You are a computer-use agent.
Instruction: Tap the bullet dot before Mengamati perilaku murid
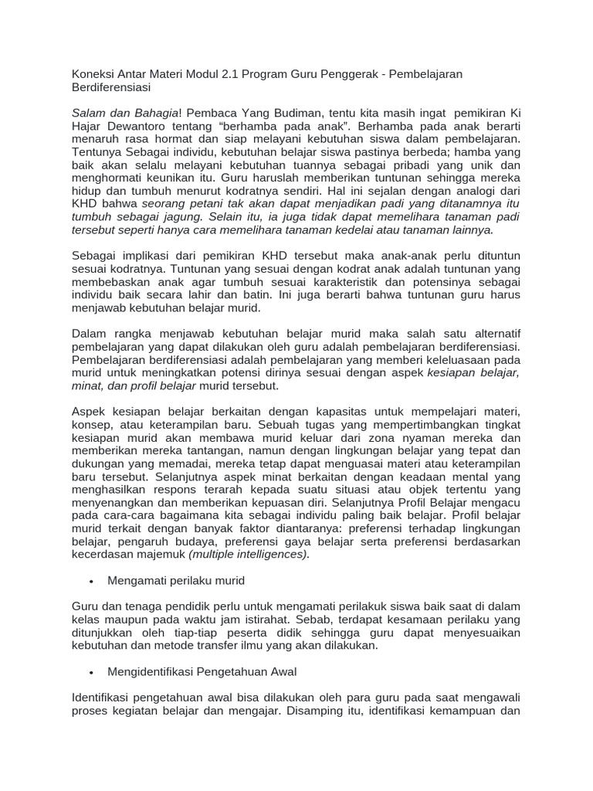point(93,579)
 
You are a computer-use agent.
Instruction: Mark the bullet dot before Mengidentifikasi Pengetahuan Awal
point(93,672)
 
